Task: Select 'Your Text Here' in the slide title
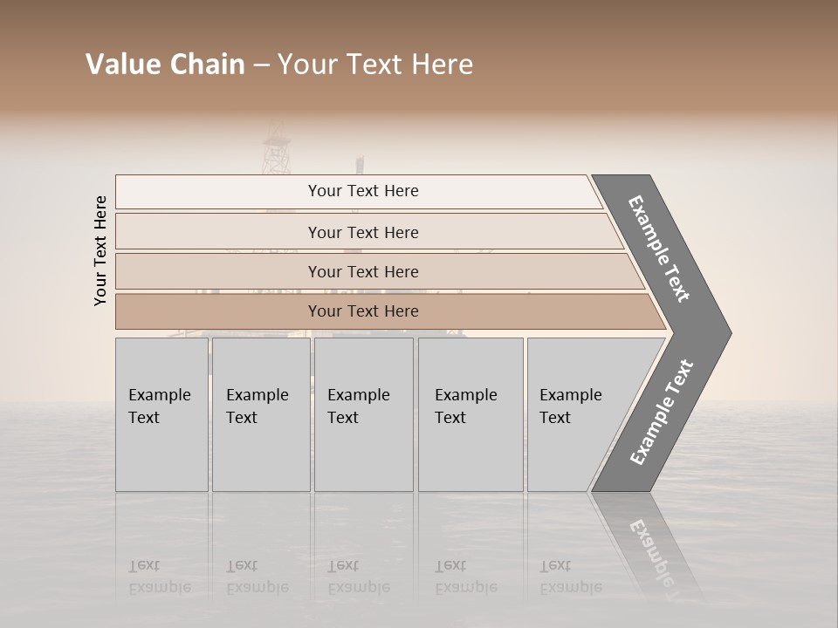[375, 65]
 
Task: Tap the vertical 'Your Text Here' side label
[100, 251]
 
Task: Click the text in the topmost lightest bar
[363, 191]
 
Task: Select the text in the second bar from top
[363, 232]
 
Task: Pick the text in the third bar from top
[363, 271]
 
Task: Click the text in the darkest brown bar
[363, 311]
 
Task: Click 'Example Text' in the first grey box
[159, 406]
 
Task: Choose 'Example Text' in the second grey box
[257, 406]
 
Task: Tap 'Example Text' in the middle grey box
[358, 406]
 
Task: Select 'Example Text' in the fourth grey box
[465, 406]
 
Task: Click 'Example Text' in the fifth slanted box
[570, 406]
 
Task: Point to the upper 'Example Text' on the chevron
[659, 249]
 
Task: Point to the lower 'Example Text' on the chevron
[661, 413]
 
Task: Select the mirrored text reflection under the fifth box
[570, 577]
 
